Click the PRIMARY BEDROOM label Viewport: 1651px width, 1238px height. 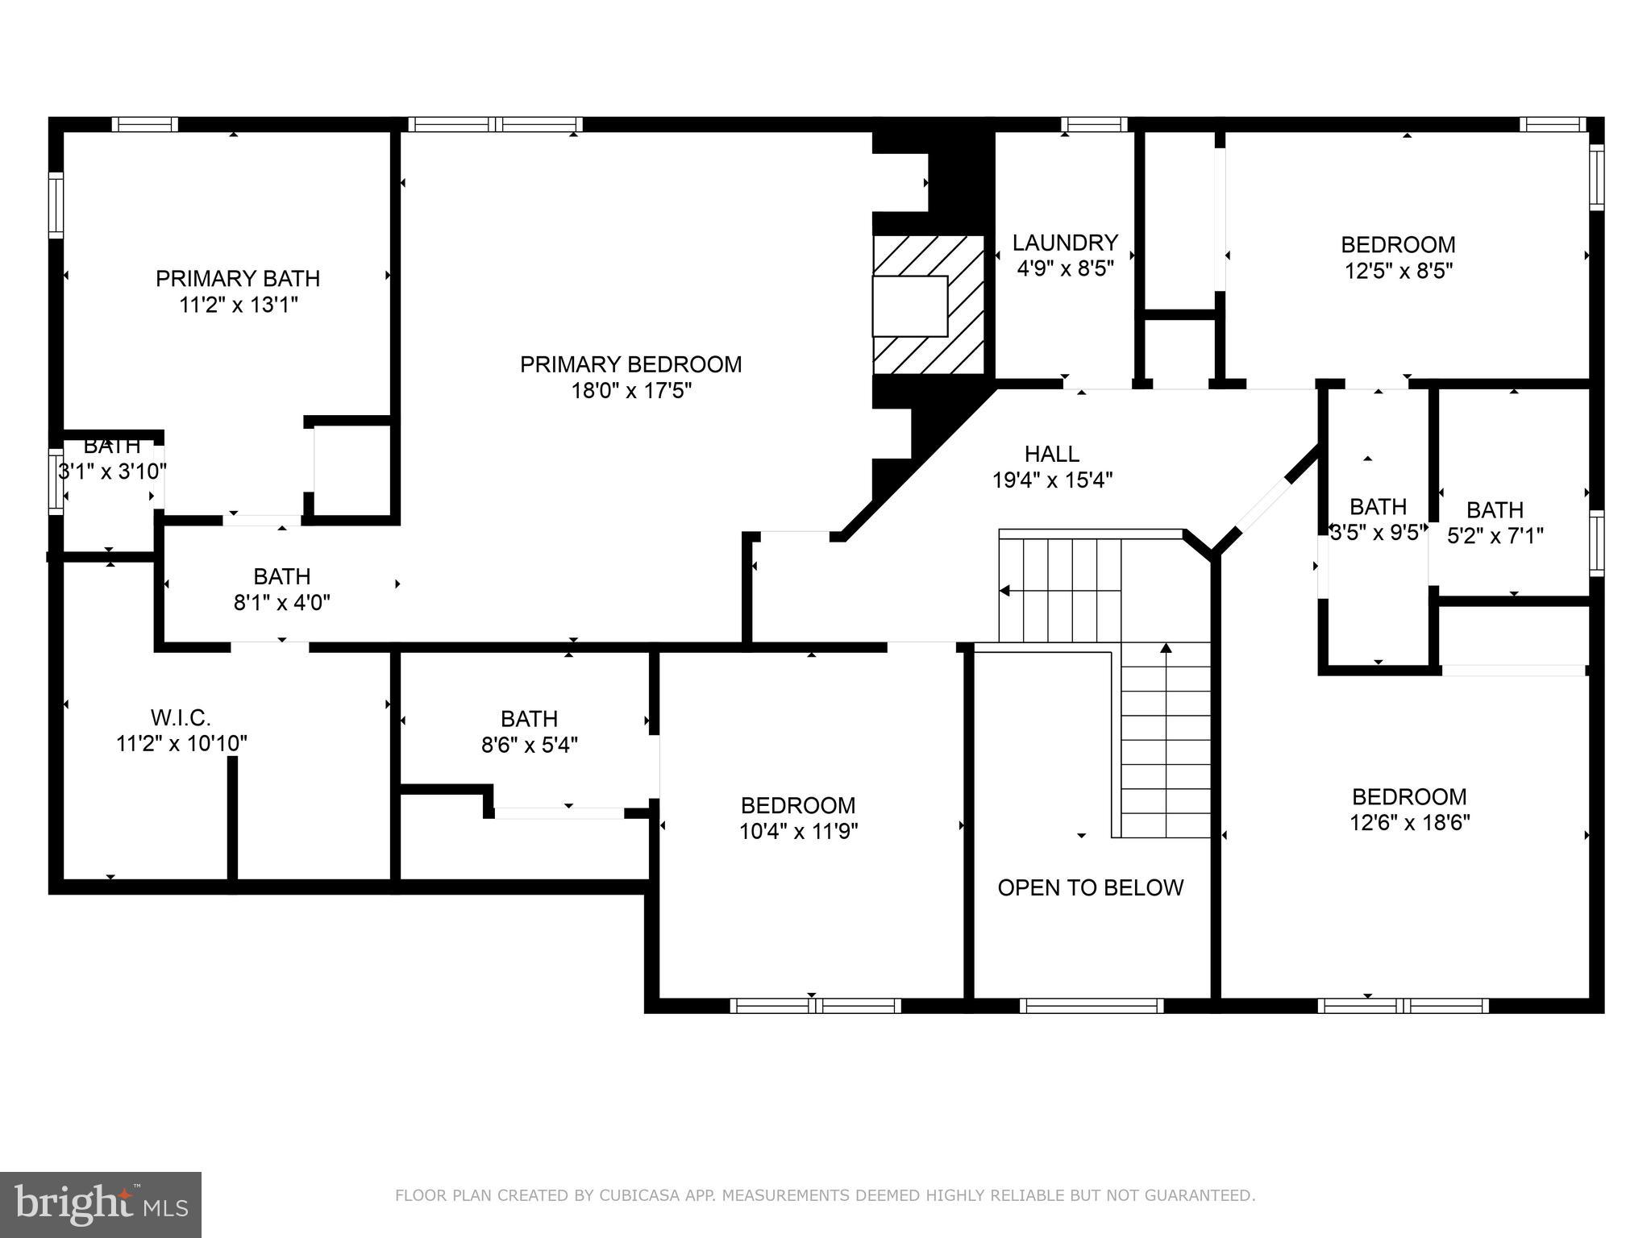pos(630,364)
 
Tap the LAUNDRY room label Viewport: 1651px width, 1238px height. pos(1065,243)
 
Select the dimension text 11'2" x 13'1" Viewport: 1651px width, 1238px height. pos(239,305)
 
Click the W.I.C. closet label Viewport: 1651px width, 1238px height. pos(181,717)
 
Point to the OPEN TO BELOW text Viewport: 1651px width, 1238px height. pos(1090,888)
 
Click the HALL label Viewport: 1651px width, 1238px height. pos(1051,454)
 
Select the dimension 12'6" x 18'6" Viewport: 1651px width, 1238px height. pos(1410,823)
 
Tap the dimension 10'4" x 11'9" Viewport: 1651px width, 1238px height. pos(798,832)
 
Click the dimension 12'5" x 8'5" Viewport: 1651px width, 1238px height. pos(1398,271)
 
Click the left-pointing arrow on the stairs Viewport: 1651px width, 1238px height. pos(1005,591)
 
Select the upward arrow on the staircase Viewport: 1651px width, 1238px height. pos(1165,648)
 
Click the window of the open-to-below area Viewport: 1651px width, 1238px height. pos(1091,1005)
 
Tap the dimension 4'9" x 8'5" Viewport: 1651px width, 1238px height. pos(1065,269)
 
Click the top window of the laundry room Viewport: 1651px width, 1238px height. pos(1093,124)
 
